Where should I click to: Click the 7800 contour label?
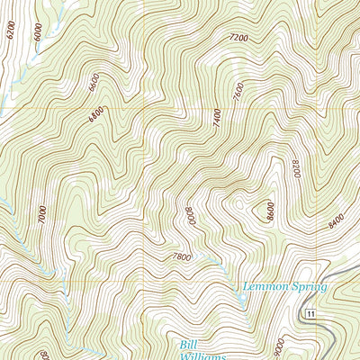pyautogui.click(x=181, y=257)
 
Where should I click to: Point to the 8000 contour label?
pyautogui.click(x=190, y=217)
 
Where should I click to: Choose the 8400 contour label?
pyautogui.click(x=337, y=216)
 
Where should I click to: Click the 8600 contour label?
pyautogui.click(x=268, y=211)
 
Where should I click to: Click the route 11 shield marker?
pyautogui.click(x=309, y=312)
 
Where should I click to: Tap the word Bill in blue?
pyautogui.click(x=185, y=343)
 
